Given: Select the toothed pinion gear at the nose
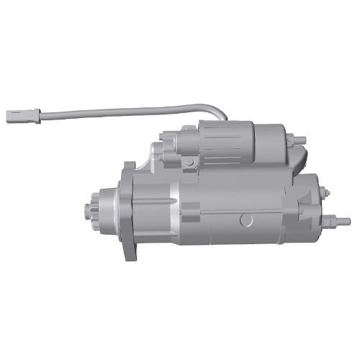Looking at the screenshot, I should coord(91,208).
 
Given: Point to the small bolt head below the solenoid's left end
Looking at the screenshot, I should coord(189,163).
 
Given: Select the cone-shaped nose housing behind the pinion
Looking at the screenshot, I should coord(108,209).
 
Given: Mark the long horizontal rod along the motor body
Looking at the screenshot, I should coord(245,211).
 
